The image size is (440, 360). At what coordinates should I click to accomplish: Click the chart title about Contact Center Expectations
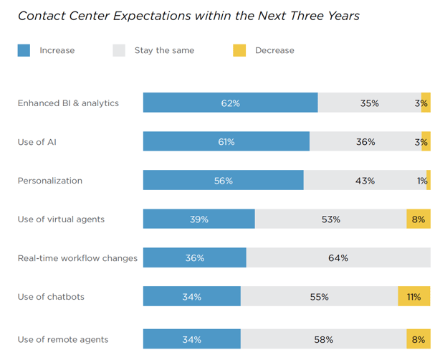point(189,15)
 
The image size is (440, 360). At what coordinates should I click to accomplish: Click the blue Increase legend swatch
point(24,50)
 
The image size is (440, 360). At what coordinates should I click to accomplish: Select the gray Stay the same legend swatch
point(119,50)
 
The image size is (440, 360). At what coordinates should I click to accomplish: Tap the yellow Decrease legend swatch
point(239,50)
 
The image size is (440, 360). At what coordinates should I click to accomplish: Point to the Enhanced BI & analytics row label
point(68,103)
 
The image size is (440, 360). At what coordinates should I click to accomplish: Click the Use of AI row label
point(37,142)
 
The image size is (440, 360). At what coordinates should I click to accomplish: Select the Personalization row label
point(49,181)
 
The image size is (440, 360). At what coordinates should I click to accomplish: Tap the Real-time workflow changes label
point(77,258)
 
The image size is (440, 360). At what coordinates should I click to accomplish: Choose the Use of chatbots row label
point(49,297)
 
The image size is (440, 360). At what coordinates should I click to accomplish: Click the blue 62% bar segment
point(230,103)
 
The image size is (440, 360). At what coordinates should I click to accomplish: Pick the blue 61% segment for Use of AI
point(226,142)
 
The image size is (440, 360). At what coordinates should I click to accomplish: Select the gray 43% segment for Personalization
point(365,181)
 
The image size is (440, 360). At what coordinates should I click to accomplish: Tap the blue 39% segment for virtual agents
point(199,219)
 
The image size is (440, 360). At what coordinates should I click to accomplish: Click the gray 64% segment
point(338,258)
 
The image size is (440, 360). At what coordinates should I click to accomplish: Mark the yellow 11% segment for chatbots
point(414,297)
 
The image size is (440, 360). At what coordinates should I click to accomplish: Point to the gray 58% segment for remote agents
point(323,339)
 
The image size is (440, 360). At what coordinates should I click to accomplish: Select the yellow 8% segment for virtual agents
point(419,219)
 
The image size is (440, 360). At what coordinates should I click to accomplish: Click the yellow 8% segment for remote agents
point(419,339)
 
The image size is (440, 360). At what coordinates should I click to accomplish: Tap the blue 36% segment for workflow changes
point(194,258)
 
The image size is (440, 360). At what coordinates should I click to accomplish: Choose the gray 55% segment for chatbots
point(319,297)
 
